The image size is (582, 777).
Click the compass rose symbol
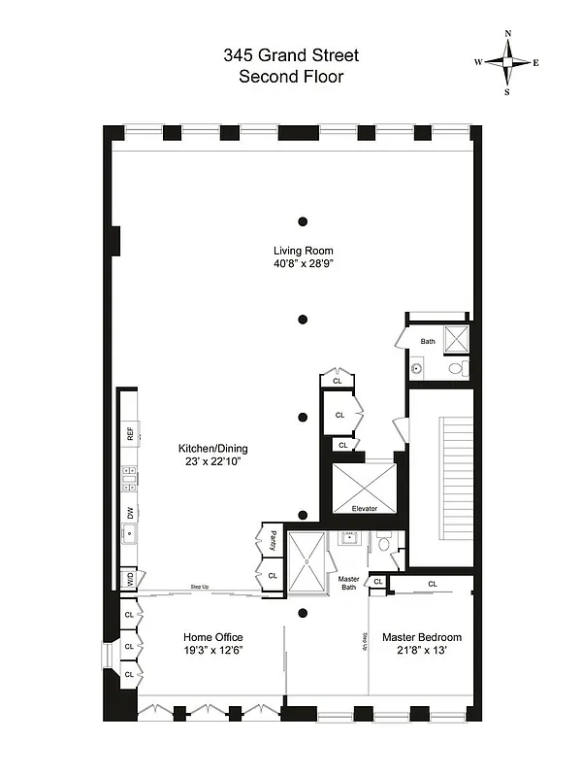pos(506,62)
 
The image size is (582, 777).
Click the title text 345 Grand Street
pos(291,55)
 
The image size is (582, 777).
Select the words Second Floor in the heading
pos(291,76)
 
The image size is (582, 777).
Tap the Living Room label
pos(304,251)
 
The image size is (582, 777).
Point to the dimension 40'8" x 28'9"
pos(304,263)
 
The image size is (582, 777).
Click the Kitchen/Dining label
pos(213,448)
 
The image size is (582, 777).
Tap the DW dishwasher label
pos(130,513)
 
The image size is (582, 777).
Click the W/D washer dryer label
pos(128,580)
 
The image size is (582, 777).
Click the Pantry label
pos(275,540)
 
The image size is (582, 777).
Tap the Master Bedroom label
pos(421,637)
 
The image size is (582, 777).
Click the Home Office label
pos(213,637)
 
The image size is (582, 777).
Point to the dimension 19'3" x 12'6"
pos(213,651)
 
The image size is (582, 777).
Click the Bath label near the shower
pos(428,341)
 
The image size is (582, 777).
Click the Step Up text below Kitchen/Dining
pos(200,588)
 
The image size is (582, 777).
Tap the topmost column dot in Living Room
pos(304,220)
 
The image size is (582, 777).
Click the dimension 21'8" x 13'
pos(421,651)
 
